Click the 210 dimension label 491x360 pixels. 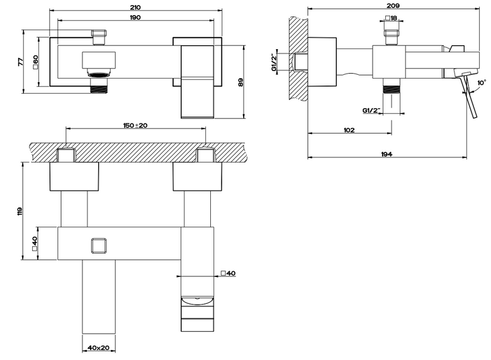click(135, 7)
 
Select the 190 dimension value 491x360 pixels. click(135, 17)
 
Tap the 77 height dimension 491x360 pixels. click(21, 62)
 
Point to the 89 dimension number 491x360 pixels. click(240, 82)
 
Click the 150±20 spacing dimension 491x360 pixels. click(135, 125)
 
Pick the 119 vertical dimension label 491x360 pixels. click(21, 211)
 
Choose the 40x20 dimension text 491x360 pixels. click(98, 347)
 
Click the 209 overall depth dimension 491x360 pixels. click(393, 6)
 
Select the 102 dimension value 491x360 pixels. click(349, 130)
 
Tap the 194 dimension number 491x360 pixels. click(387, 154)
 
